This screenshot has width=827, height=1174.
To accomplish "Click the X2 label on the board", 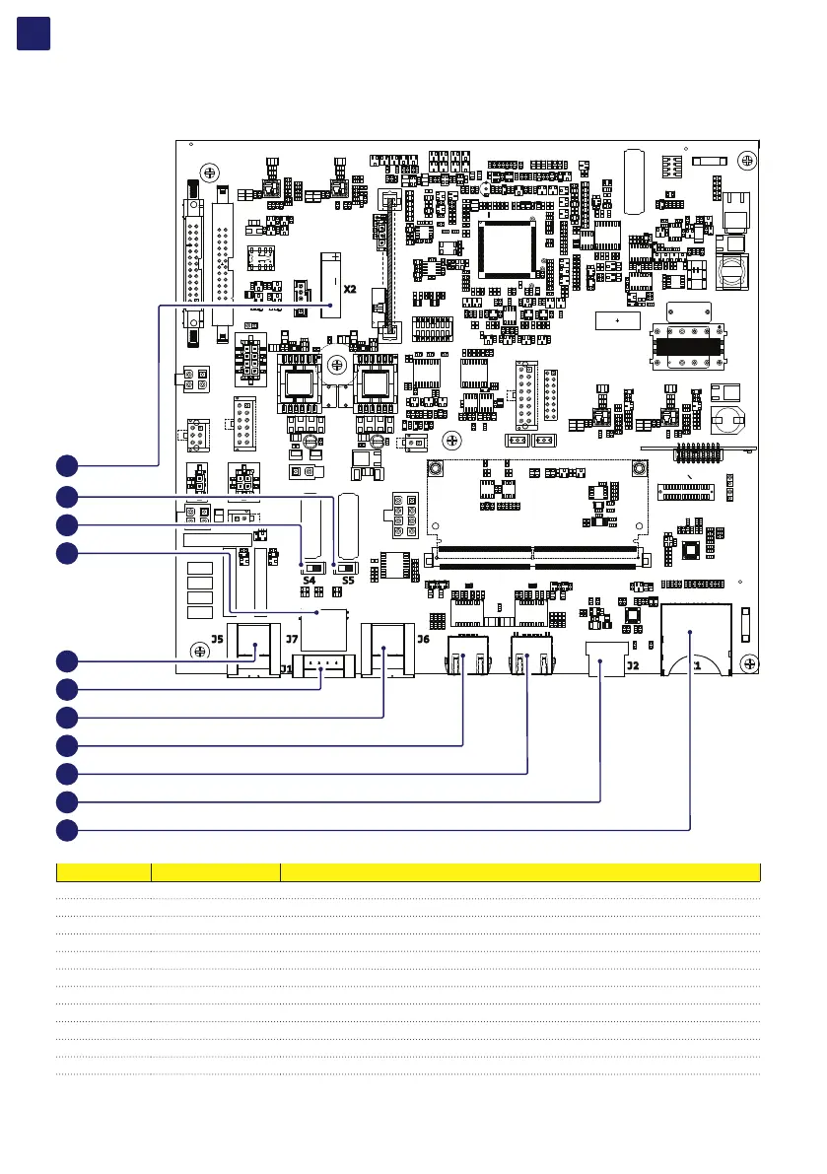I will (349, 290).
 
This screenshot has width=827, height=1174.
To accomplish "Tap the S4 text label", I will (310, 581).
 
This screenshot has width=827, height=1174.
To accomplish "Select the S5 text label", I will (348, 581).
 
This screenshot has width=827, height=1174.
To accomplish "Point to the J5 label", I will (216, 639).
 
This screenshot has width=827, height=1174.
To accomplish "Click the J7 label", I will (292, 639).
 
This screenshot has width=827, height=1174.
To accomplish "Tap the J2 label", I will (632, 665).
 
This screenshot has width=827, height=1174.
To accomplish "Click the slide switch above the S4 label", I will (312, 568).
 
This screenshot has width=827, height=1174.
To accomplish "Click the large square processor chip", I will (509, 247).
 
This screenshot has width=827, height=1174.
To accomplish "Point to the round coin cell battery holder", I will (730, 421).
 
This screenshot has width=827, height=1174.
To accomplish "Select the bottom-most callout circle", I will (66, 830).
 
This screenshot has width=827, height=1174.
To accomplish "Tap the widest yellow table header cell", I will (520, 872).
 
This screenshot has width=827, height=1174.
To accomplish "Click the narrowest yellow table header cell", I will (103, 872).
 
